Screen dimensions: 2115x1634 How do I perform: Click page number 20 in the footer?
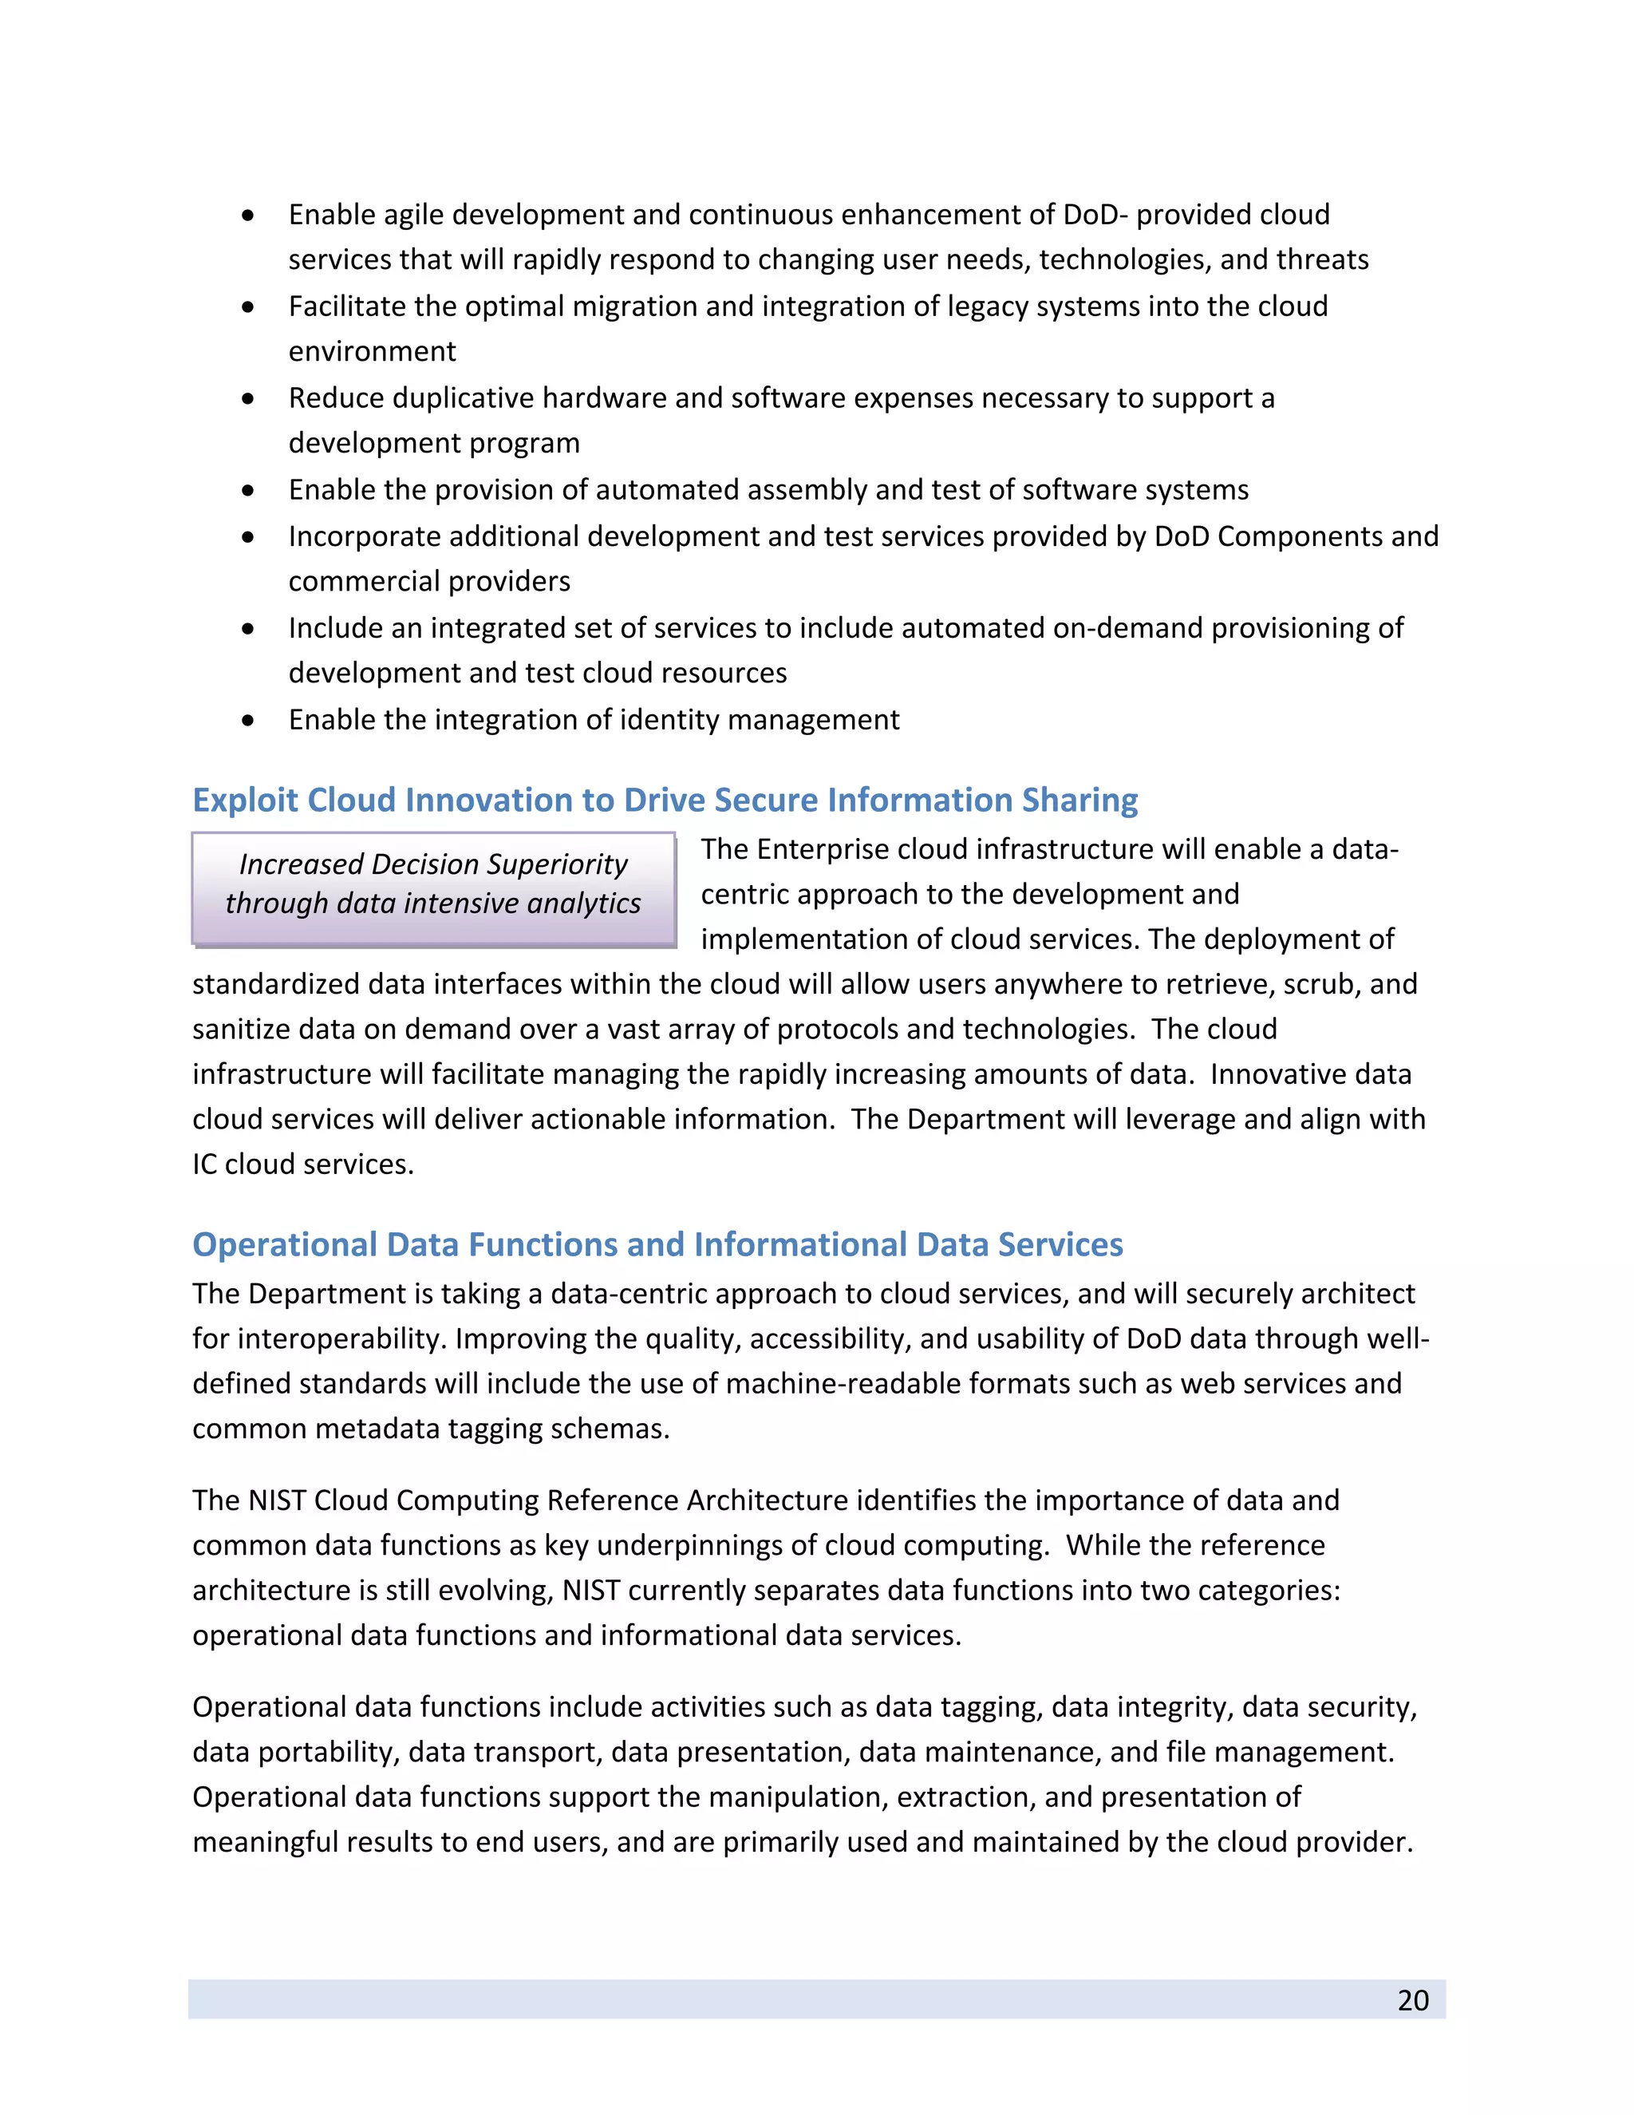point(1412,2000)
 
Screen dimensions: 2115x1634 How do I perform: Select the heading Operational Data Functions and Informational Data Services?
point(657,1244)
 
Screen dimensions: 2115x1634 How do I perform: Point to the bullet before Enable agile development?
point(249,215)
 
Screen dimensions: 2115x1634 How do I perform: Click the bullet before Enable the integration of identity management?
point(249,721)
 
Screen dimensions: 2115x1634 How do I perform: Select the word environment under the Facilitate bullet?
point(372,351)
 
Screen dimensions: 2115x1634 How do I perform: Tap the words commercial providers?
point(428,581)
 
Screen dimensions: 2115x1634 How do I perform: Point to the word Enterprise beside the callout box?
point(823,849)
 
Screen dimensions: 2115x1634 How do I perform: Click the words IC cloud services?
point(302,1164)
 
